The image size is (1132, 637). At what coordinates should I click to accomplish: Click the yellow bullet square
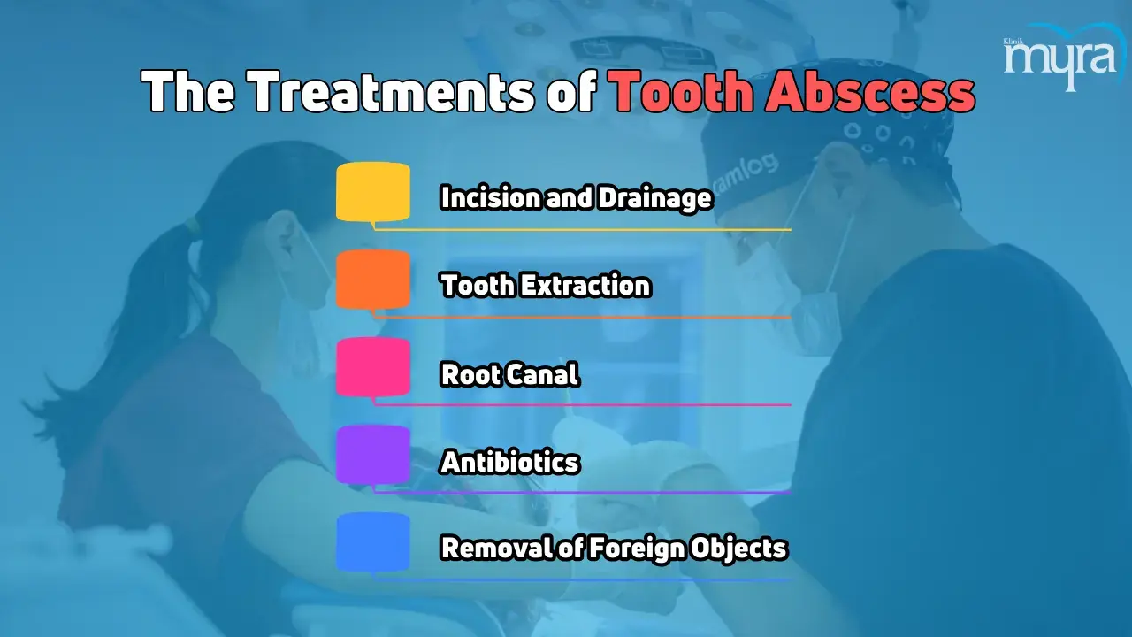point(373,192)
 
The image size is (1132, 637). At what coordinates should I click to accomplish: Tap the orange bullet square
point(373,280)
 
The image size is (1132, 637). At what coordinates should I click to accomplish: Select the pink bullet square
point(373,367)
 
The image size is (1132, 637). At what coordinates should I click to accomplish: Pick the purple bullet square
point(373,455)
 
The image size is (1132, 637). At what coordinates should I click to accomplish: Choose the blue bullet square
point(373,542)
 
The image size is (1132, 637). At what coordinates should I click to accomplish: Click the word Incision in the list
point(491,197)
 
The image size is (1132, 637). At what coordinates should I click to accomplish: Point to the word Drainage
point(655,198)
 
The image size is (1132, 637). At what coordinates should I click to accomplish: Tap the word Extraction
point(586,285)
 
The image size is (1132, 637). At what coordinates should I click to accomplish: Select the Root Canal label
point(509,374)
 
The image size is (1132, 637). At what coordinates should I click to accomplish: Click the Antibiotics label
point(509,462)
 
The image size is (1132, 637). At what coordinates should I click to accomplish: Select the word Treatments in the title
point(393,91)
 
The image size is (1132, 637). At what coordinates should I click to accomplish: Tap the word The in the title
point(189,91)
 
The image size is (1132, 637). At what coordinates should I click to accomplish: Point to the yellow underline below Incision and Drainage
point(582,229)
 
